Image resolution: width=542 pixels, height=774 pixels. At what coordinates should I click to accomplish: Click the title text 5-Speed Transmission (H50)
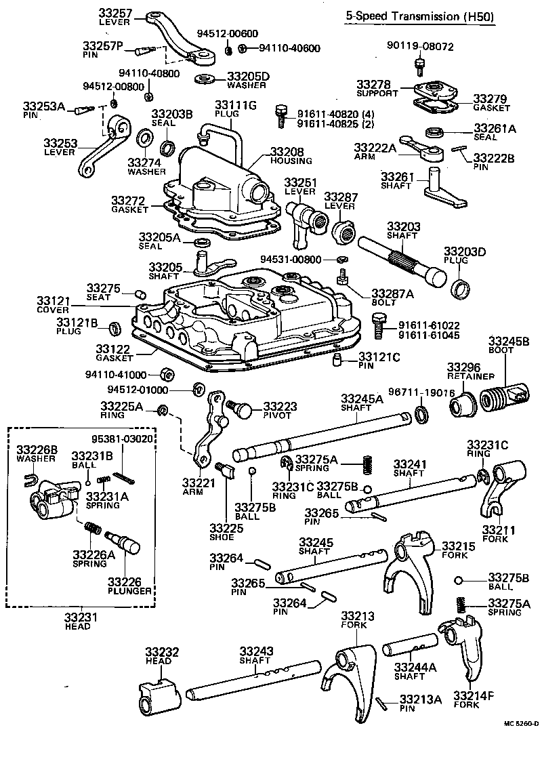pos(420,16)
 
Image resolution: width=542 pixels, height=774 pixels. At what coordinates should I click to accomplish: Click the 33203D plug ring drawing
pos(460,288)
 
